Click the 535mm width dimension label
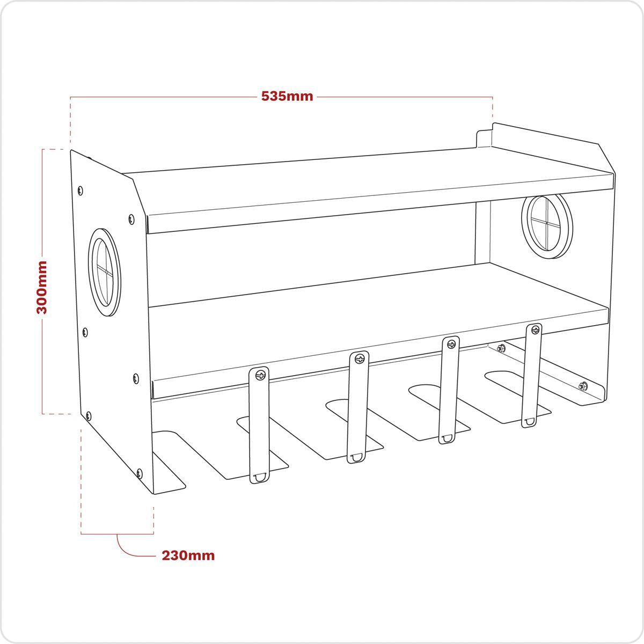click(x=287, y=97)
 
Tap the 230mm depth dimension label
click(x=188, y=555)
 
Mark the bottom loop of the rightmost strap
click(x=530, y=421)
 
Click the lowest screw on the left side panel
click(x=140, y=472)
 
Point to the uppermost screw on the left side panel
click(x=81, y=189)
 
